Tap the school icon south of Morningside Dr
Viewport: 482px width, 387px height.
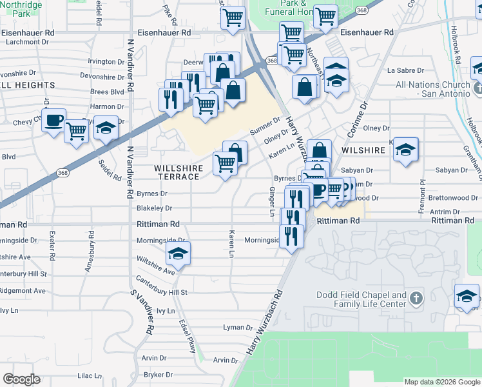[x=178, y=254]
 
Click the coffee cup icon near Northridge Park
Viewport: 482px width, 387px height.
[x=54, y=119]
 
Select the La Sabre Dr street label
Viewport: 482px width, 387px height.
[x=403, y=70]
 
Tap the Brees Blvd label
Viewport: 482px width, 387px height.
[x=108, y=92]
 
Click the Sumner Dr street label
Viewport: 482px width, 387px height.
[x=265, y=124]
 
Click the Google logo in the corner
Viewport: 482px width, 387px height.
[x=22, y=379]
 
